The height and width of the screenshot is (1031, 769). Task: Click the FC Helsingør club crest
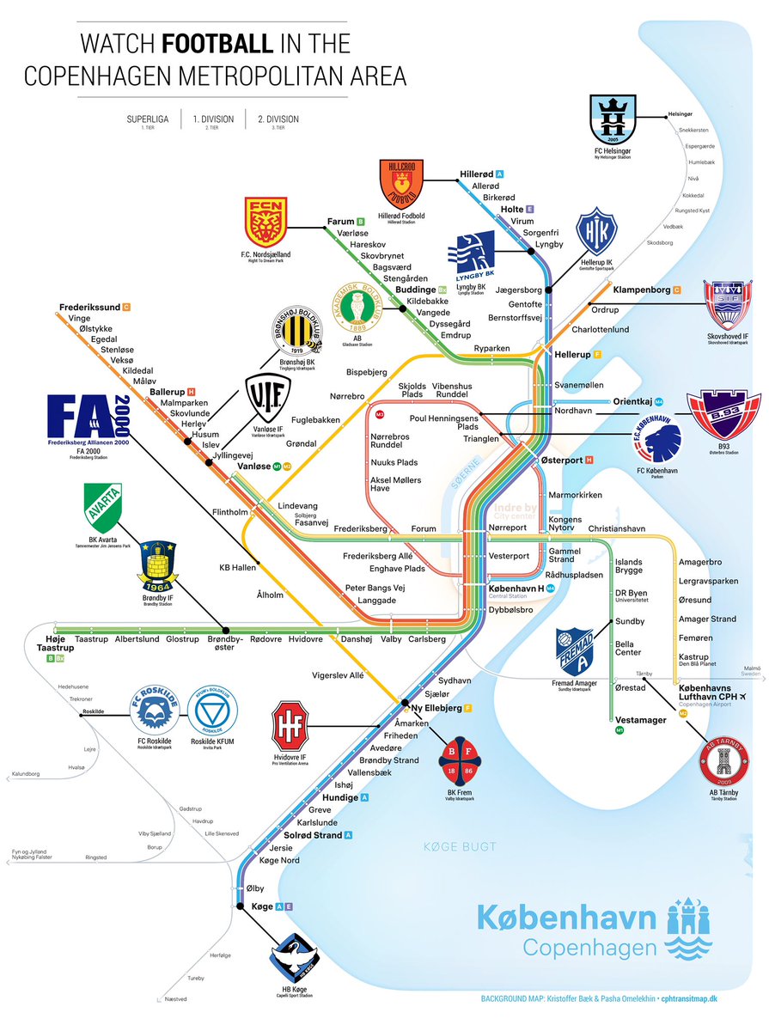pyautogui.click(x=617, y=121)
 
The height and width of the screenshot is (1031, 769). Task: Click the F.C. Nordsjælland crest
pyautogui.click(x=265, y=222)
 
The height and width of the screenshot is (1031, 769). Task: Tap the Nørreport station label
pyautogui.click(x=508, y=527)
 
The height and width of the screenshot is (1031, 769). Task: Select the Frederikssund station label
pyautogui.click(x=90, y=306)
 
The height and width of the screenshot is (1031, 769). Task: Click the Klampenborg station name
pyautogui.click(x=641, y=290)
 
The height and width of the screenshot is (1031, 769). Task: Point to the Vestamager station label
pyautogui.click(x=641, y=720)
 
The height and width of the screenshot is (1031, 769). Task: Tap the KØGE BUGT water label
pyautogui.click(x=460, y=847)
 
